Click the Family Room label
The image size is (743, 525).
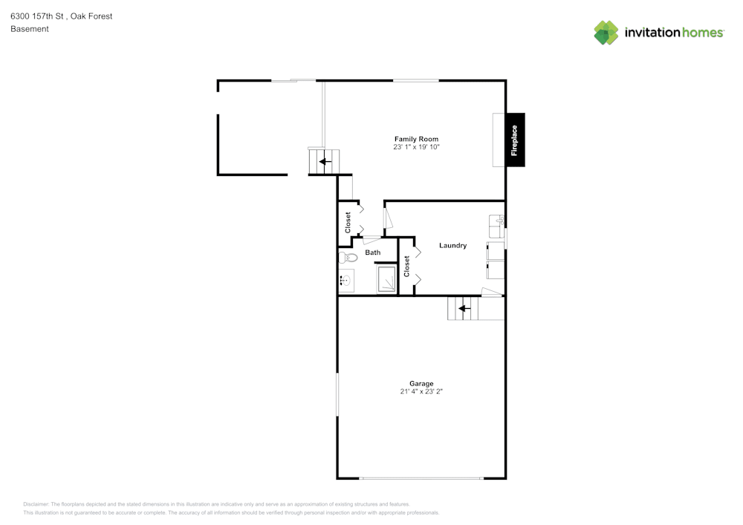416,139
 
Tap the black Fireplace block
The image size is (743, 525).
515,140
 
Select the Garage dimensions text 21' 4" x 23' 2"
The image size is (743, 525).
421,391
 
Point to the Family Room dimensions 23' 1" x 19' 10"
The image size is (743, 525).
416,148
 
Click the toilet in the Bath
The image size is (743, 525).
347,258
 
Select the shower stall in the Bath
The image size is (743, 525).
386,281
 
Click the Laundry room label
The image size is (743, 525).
452,246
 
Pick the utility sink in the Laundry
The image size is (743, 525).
496,222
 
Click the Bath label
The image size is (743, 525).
372,252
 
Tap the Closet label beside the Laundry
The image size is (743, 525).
406,267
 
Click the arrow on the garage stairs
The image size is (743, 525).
464,308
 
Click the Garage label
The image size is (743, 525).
421,383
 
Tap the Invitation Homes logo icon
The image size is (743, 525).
606,33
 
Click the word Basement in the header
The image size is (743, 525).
30,29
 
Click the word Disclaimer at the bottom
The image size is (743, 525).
36,503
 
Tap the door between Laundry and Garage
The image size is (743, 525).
491,292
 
